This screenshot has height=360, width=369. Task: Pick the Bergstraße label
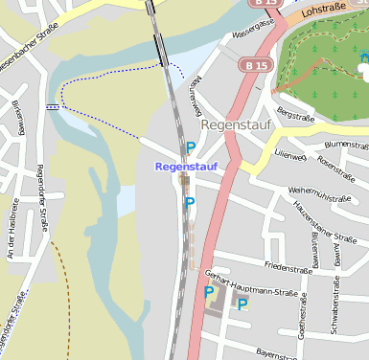(x=294, y=115)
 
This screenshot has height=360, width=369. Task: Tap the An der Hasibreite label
(x=12, y=230)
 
